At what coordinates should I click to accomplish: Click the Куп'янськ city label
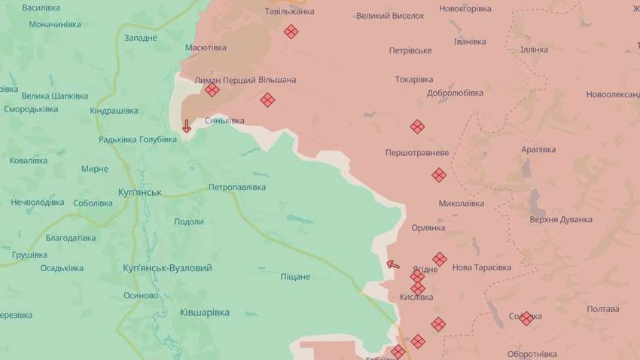(x=140, y=193)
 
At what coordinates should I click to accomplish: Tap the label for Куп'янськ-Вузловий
(x=167, y=268)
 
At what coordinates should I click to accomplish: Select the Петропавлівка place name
(x=237, y=187)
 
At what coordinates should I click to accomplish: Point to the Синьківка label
(x=224, y=121)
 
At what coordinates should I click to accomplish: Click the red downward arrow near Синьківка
(x=187, y=126)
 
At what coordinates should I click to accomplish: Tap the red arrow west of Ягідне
(x=392, y=264)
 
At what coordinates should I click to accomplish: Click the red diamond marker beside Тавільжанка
(x=291, y=31)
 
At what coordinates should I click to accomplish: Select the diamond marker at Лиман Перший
(x=212, y=90)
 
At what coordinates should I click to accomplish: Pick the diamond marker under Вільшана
(x=267, y=99)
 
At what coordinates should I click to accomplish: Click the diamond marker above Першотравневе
(x=416, y=127)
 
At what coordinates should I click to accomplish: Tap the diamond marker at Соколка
(x=526, y=318)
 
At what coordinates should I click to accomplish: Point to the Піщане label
(x=294, y=276)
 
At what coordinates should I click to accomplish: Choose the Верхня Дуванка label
(x=561, y=219)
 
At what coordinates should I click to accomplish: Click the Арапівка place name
(x=539, y=149)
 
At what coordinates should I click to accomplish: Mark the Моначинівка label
(x=55, y=24)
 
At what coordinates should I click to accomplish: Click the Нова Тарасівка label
(x=482, y=267)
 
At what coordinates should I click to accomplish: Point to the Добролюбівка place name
(x=455, y=93)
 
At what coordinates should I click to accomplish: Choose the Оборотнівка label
(x=532, y=354)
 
